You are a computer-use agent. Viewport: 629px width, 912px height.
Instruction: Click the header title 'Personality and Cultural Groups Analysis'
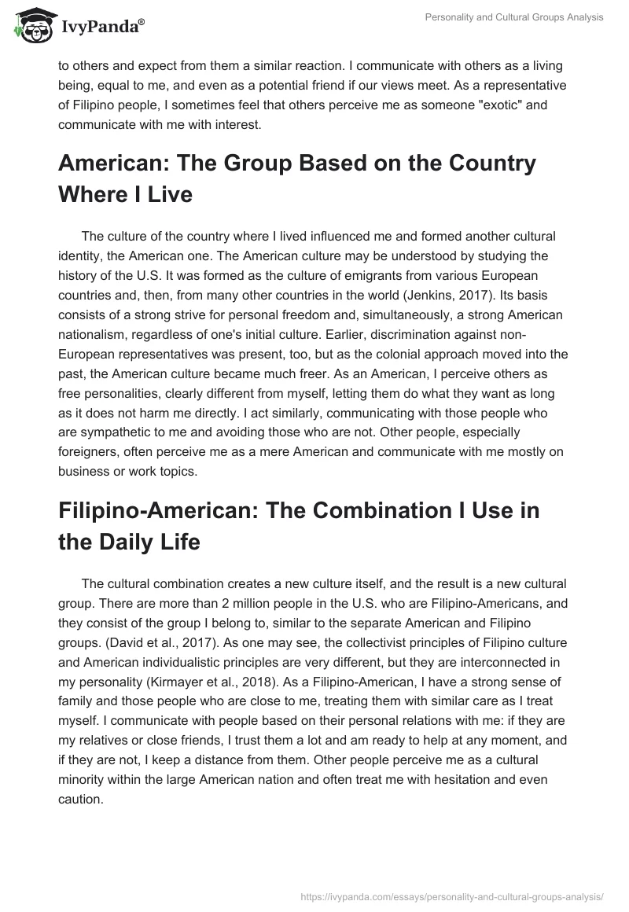tap(514, 17)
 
